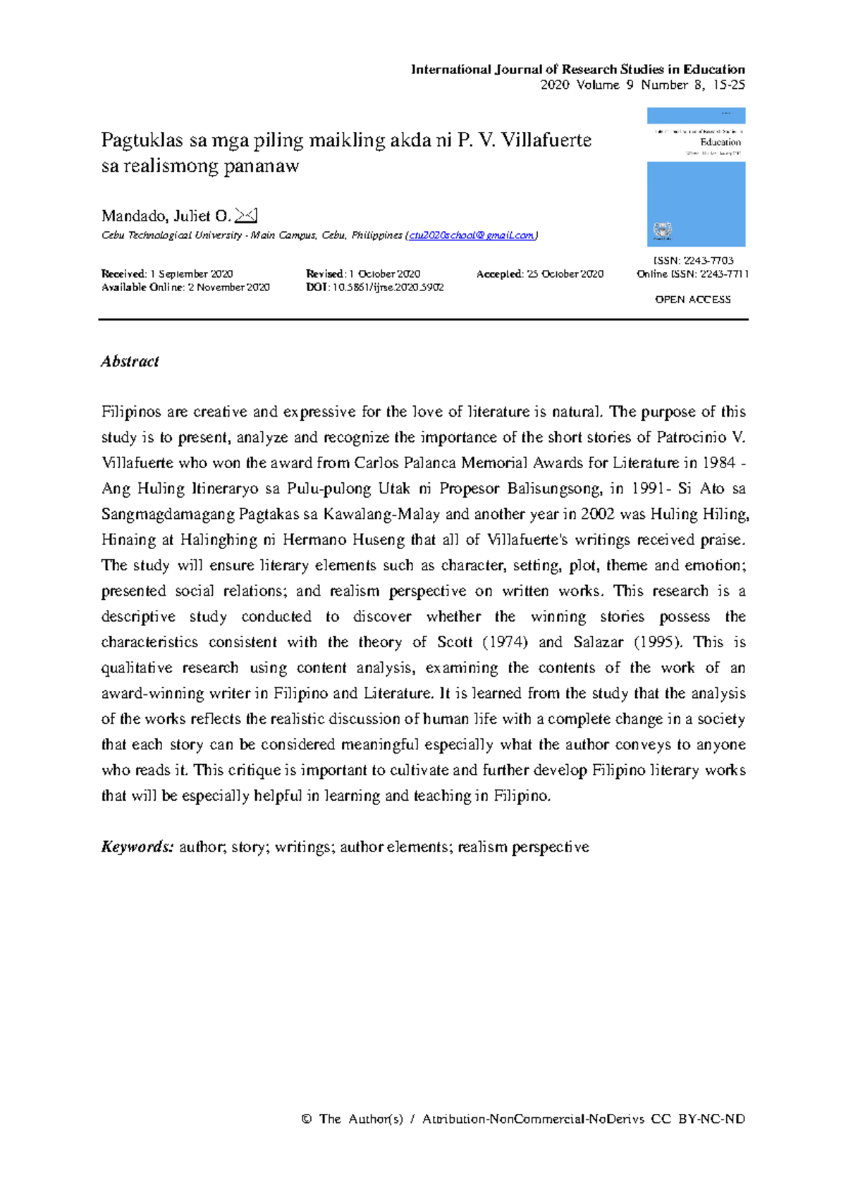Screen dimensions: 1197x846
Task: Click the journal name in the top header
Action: click(x=577, y=69)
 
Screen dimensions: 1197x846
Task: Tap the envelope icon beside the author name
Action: click(x=245, y=215)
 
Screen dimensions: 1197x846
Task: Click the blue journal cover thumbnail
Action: click(x=696, y=177)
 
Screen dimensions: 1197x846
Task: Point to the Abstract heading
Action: click(x=130, y=362)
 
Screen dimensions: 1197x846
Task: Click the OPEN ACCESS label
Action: click(x=692, y=300)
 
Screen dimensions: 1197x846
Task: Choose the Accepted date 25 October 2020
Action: click(x=565, y=274)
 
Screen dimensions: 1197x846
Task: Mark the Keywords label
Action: click(x=137, y=847)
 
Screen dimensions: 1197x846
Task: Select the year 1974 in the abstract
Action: click(x=503, y=642)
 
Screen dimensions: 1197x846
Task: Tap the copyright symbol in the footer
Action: click(x=306, y=1119)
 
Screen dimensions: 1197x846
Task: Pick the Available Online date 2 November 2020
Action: click(x=228, y=287)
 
